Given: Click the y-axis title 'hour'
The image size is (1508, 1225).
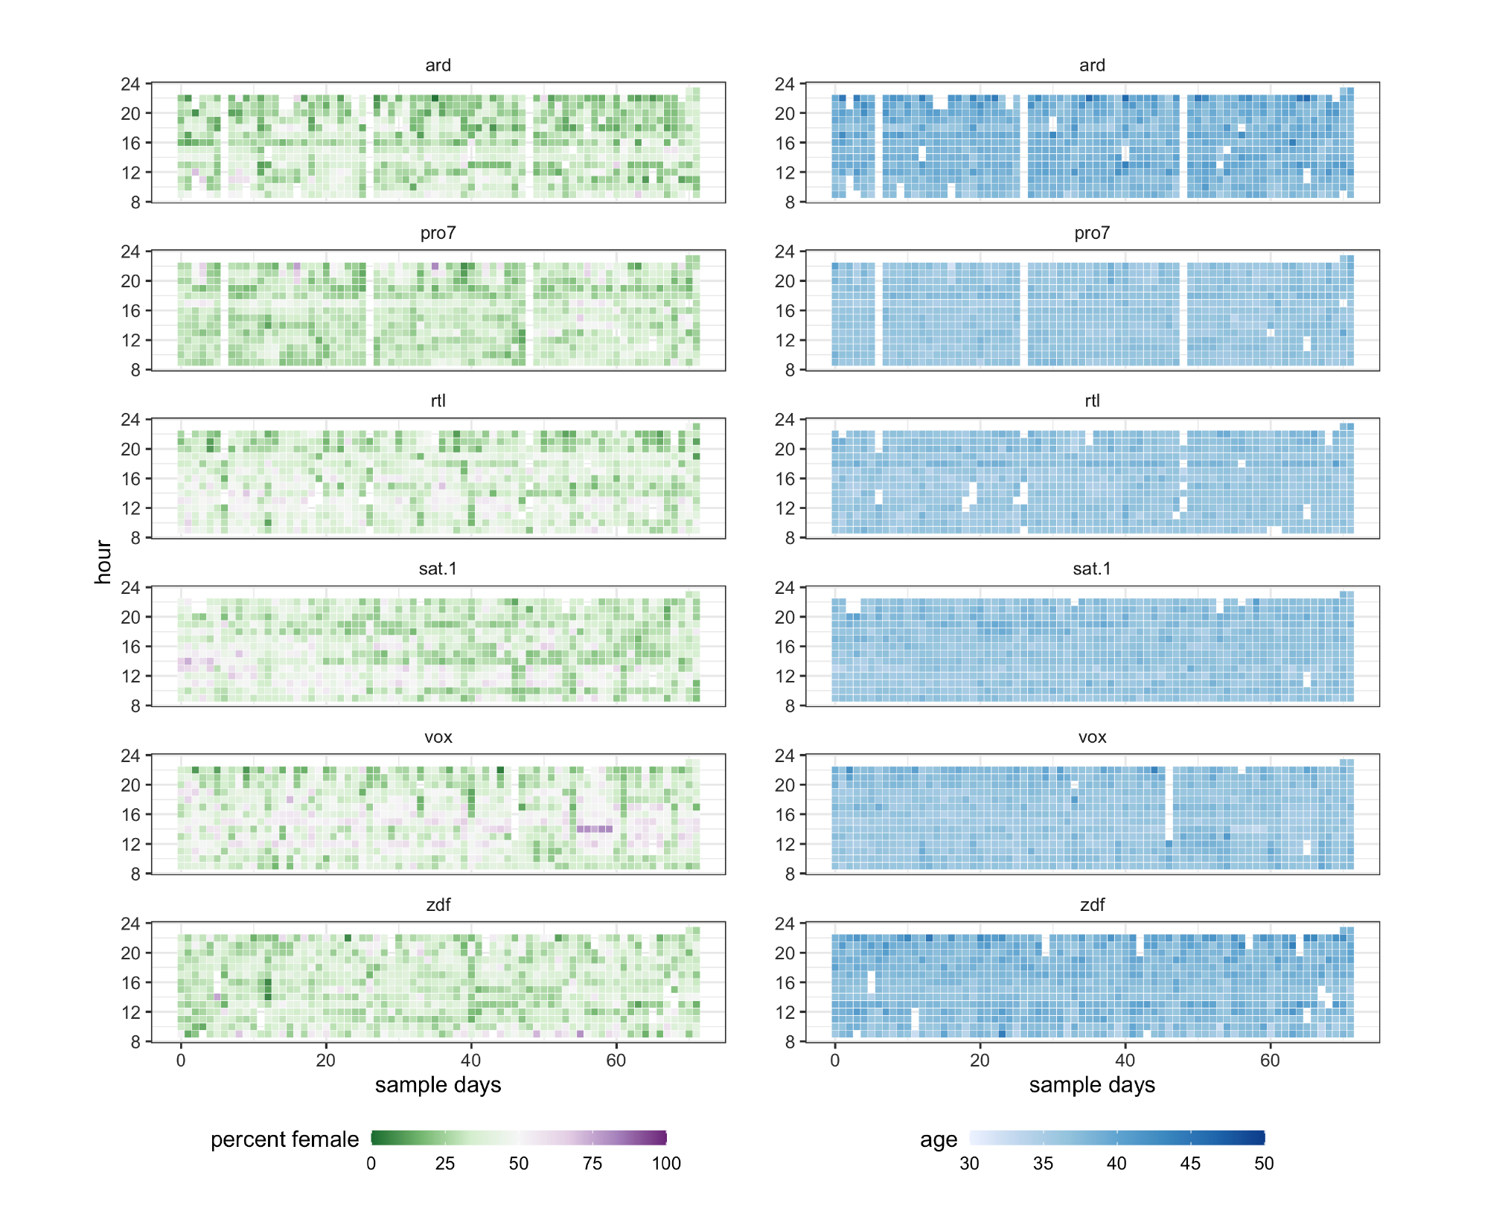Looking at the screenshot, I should tap(103, 562).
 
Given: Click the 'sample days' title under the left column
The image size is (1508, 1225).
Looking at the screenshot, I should tap(438, 1085).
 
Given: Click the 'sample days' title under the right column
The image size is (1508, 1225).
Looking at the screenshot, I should tap(1091, 1085).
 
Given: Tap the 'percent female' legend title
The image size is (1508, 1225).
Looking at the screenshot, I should tap(284, 1139).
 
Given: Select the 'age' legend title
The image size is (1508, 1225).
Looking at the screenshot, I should tap(938, 1139).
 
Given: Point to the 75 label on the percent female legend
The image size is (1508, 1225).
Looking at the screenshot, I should tap(592, 1163).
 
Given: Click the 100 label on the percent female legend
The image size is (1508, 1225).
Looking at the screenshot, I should tap(666, 1163).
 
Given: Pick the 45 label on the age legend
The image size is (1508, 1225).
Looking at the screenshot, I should tap(1190, 1163).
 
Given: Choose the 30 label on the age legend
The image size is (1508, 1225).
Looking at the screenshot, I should tap(969, 1163).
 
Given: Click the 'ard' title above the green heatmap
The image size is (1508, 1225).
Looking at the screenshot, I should tap(438, 65).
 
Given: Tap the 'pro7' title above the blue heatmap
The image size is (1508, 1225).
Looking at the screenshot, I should tap(1091, 233).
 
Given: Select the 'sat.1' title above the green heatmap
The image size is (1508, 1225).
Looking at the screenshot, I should tap(438, 569).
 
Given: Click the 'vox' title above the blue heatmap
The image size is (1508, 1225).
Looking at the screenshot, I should tap(1092, 737).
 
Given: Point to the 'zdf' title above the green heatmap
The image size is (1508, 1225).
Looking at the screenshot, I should tap(438, 905).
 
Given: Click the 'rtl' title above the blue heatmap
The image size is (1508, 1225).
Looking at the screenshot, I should tap(1092, 401).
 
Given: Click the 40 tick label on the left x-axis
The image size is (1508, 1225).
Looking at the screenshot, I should tap(470, 1061).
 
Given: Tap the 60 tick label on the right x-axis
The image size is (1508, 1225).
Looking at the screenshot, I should tap(1270, 1061).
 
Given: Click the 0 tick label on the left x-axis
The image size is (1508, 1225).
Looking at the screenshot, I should tap(181, 1061).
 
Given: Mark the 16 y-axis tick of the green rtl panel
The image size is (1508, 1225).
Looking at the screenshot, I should tap(131, 479).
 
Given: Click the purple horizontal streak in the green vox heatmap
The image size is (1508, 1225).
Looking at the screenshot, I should tap(595, 828).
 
